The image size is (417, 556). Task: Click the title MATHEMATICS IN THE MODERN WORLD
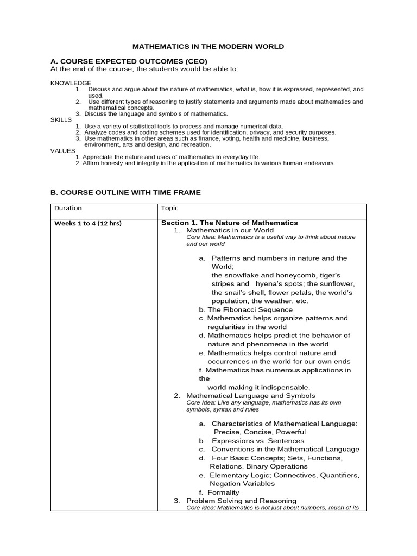[209, 47]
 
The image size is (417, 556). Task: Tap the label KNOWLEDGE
[71, 83]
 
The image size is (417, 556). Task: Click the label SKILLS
[61, 119]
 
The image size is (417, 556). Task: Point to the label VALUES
[63, 150]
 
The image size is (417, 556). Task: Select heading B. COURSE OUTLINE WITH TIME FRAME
[125, 192]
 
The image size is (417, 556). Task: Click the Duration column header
[68, 208]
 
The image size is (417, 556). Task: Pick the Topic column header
[169, 208]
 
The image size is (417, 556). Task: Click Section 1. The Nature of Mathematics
[230, 223]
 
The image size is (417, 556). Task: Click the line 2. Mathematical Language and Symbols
[250, 396]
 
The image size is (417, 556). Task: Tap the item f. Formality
[219, 492]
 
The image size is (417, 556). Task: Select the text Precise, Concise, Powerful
[259, 432]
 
